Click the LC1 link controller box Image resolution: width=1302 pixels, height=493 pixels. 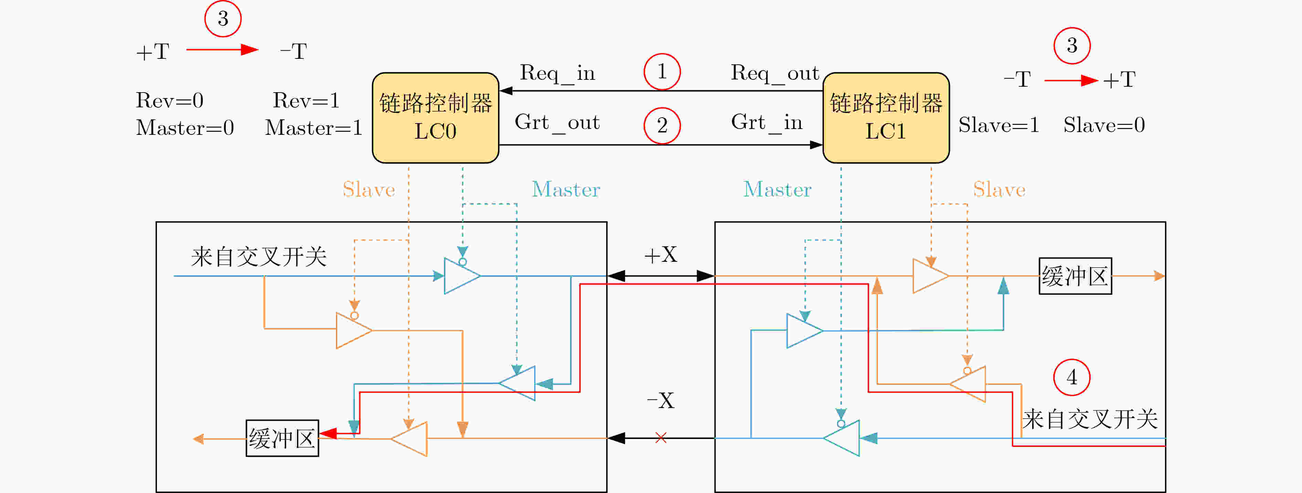[886, 118]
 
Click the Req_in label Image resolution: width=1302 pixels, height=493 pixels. [558, 74]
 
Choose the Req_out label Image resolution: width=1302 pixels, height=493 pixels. [775, 74]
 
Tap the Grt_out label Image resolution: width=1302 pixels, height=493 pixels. [557, 123]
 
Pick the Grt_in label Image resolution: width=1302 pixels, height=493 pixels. [767, 123]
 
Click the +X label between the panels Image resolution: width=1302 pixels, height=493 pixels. [660, 255]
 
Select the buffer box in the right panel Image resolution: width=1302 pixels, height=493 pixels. [1075, 276]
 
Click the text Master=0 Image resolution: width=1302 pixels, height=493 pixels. [185, 127]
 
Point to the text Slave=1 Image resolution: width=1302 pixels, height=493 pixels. [999, 125]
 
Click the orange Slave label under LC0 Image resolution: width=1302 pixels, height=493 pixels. [369, 190]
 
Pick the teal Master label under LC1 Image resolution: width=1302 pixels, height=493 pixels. [777, 190]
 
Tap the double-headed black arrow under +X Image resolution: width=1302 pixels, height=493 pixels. [660, 276]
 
